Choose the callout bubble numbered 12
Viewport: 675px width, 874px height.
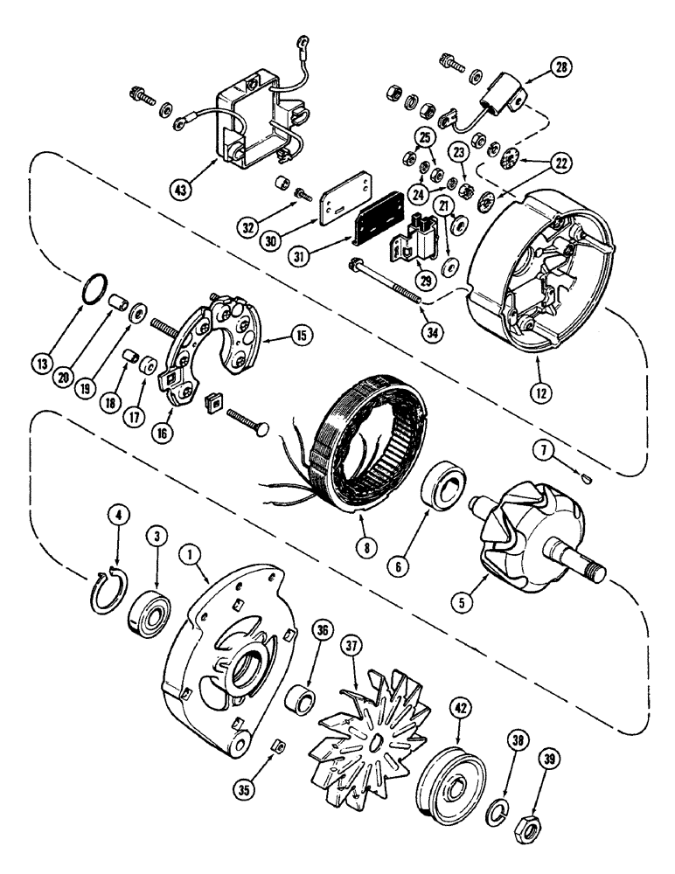tap(542, 392)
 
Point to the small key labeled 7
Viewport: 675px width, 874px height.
tap(587, 477)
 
